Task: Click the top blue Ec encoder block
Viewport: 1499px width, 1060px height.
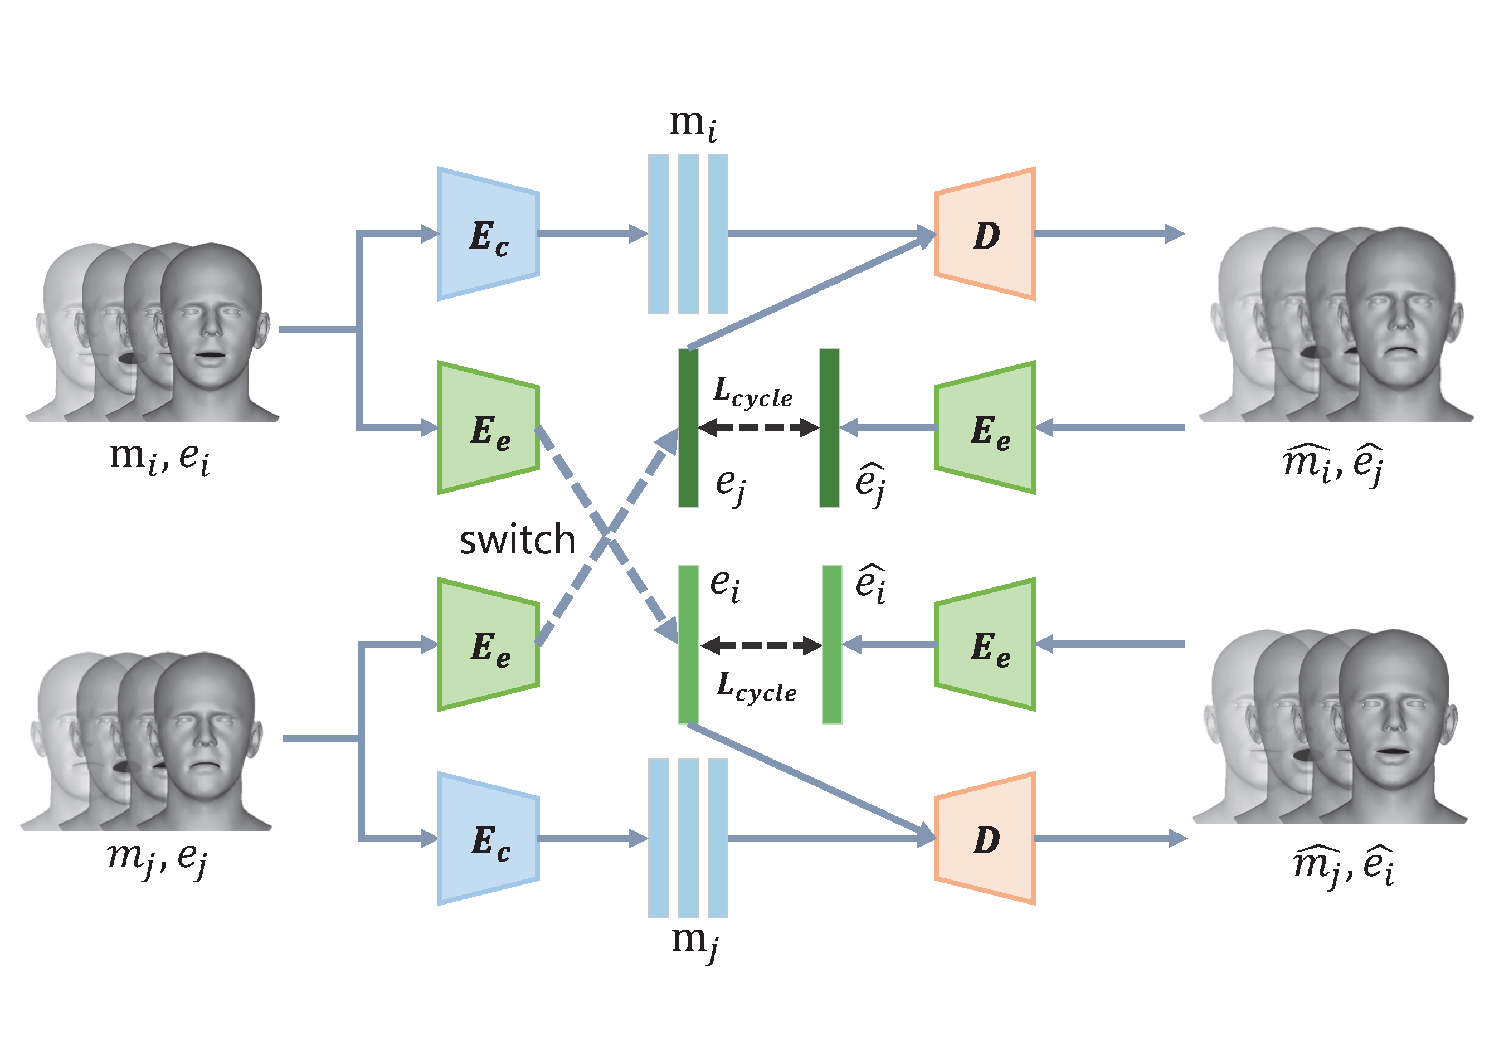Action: (x=488, y=235)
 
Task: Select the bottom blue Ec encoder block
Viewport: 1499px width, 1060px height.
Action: (x=488, y=839)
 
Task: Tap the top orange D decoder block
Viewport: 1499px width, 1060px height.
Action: (x=985, y=235)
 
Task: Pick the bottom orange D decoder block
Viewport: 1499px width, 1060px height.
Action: (x=985, y=839)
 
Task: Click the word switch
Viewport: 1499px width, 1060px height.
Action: (x=517, y=540)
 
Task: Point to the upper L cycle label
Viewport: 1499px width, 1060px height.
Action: (x=753, y=392)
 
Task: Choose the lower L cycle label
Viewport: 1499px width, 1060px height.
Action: (x=756, y=688)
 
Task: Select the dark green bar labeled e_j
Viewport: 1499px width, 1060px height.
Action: (x=688, y=428)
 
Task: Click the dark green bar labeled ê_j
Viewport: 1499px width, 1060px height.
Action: (x=829, y=428)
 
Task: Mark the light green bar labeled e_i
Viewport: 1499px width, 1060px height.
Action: (x=688, y=645)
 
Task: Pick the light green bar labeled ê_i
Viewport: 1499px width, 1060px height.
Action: (x=832, y=645)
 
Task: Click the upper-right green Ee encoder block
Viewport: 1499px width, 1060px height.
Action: (x=985, y=428)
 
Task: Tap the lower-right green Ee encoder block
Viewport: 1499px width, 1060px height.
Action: (x=985, y=645)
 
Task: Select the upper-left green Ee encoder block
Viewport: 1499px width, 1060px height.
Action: (x=488, y=428)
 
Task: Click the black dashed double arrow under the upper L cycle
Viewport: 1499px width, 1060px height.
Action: (x=758, y=428)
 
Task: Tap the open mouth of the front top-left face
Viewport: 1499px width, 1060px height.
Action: (x=210, y=354)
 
